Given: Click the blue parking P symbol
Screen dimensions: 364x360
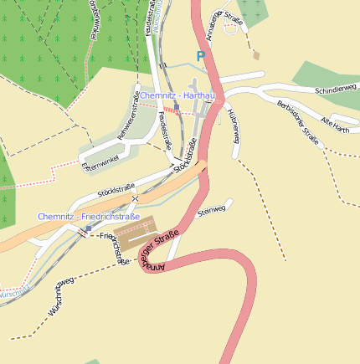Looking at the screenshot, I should coord(200,56).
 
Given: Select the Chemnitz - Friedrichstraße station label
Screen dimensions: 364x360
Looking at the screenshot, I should coord(88,217).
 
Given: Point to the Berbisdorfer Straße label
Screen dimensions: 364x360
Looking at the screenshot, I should coord(298,122).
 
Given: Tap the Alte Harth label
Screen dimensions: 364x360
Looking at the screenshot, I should coord(334,126).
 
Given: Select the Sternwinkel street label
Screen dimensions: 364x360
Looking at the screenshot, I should coord(102,161).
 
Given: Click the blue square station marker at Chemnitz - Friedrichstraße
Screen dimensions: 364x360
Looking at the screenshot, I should coord(88,228).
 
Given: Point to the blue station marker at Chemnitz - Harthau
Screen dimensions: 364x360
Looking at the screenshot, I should coord(176,107).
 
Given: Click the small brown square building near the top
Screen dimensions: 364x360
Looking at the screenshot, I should coord(255,56).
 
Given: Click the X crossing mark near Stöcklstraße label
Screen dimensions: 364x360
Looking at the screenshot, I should coord(134,199).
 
